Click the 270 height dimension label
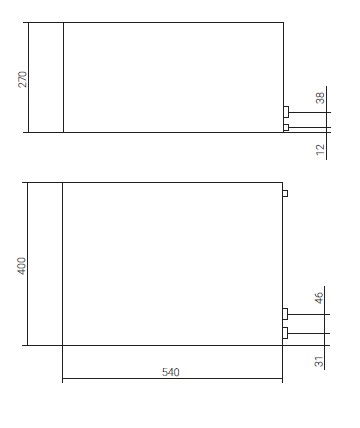pos(23,79)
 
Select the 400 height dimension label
pos(21,266)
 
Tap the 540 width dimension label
pos(171,372)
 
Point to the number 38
pos(320,98)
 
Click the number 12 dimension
pos(320,149)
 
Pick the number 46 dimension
pos(319,298)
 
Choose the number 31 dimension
pos(319,361)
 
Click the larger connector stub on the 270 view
pos(286,112)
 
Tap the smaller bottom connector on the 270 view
pos(286,127)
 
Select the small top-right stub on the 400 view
pos(285,193)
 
